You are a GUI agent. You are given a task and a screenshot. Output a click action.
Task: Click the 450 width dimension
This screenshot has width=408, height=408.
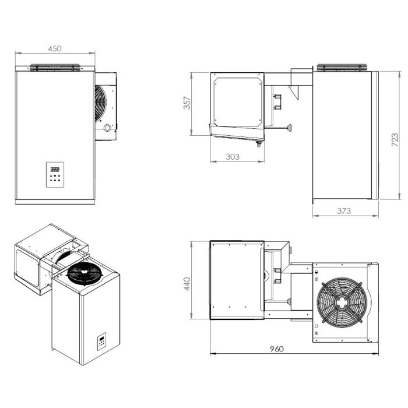[54, 49]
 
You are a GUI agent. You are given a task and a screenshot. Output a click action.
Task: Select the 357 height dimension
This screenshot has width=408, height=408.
[187, 103]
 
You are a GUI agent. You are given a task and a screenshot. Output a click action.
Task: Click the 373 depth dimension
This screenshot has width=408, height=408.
[344, 211]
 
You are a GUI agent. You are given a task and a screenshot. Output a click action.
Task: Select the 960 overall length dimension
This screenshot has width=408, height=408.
[277, 349]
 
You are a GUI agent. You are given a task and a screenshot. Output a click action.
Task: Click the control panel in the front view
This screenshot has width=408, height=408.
[55, 174]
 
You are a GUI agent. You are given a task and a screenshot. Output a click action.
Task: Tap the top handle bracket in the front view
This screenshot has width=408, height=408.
[54, 68]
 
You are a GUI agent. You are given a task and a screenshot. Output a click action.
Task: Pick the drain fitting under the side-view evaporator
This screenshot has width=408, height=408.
[255, 143]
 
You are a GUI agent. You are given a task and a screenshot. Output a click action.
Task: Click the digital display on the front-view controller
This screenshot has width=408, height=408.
[55, 167]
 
